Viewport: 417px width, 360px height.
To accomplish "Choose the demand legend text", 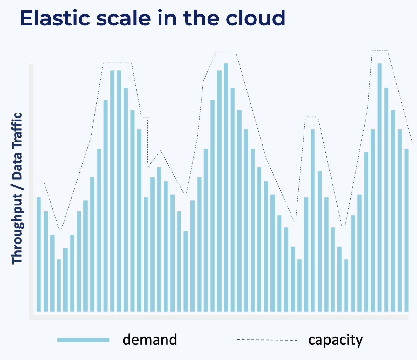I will (x=150, y=340).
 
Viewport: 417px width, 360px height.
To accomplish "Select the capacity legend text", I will (x=335, y=340).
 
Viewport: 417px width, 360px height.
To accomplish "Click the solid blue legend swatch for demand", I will (x=83, y=340).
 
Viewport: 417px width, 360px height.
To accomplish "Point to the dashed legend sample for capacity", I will (x=267, y=340).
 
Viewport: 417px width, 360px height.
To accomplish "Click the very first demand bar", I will (x=39, y=254).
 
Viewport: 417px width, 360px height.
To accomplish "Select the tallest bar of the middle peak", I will (x=226, y=187).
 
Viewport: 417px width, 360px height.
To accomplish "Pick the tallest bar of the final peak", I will (x=379, y=187).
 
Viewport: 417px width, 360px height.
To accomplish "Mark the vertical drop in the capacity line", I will (x=148, y=142).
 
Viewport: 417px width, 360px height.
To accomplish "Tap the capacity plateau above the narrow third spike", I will (x=311, y=117).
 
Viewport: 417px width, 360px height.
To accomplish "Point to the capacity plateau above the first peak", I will (x=117, y=63).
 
